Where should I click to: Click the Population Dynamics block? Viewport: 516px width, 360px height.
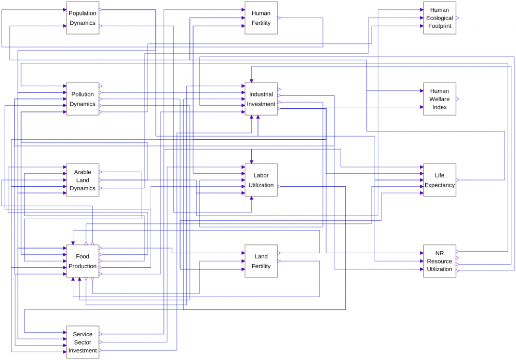coord(83,18)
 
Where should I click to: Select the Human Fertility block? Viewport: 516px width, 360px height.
coord(261,18)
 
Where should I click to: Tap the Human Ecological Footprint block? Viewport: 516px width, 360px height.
coord(440,18)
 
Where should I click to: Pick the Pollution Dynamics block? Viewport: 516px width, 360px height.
coord(83,99)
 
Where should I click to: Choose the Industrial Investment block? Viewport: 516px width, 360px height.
coord(261,99)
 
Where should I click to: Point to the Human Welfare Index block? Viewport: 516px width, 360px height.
coord(440,99)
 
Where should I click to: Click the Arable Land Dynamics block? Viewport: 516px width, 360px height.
coord(83,180)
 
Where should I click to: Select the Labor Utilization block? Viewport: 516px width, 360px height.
coord(261,180)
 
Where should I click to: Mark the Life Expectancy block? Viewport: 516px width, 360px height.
coord(440,180)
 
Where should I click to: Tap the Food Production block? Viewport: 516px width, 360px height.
coord(83,261)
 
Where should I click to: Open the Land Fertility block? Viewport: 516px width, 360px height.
coord(261,261)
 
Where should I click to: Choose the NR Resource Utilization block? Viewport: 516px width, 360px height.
coord(440,261)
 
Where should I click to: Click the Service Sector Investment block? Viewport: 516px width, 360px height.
coord(83,342)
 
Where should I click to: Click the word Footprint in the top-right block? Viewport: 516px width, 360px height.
coord(440,26)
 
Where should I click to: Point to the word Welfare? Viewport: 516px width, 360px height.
coord(440,99)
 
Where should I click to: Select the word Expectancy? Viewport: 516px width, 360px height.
coord(440,185)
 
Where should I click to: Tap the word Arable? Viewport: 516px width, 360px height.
coord(83,172)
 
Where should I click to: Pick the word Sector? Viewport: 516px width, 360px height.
coord(83,342)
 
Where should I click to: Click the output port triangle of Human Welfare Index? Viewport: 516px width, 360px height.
coord(458,99)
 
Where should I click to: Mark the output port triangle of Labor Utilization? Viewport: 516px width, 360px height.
coord(279,186)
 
